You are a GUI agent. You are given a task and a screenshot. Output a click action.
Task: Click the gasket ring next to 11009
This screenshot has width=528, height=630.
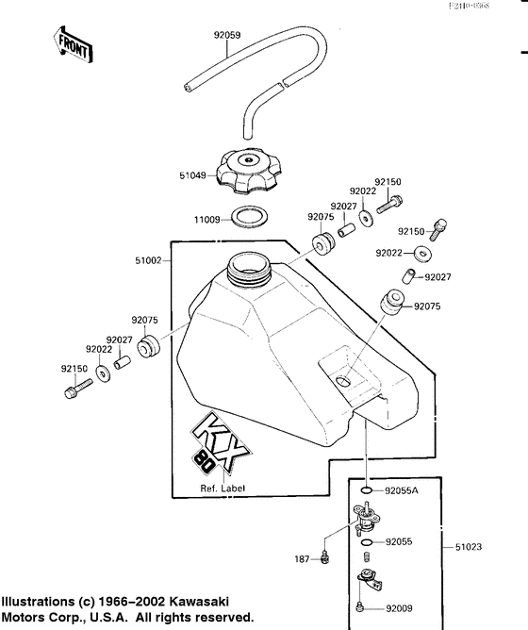pyautogui.click(x=250, y=218)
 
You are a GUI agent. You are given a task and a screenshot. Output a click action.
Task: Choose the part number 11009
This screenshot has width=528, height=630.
pyautogui.click(x=206, y=220)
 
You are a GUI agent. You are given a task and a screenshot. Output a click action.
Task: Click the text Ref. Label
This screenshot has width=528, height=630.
pyautogui.click(x=223, y=489)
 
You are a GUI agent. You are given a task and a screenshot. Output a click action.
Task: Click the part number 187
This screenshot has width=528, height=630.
pyautogui.click(x=301, y=559)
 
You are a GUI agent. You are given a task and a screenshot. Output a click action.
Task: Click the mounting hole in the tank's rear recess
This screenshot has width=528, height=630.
pyautogui.click(x=341, y=381)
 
